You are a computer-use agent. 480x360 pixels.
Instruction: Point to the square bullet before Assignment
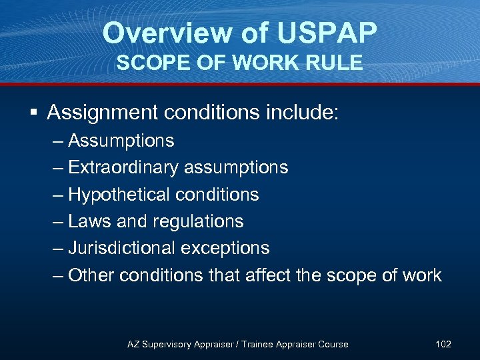pos(33,113)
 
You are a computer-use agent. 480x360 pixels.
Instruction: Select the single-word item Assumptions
pos(121,141)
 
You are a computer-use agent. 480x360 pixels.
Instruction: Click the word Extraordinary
pos(123,167)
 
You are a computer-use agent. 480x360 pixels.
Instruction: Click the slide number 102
pos(443,344)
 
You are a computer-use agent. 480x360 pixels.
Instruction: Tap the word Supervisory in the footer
pos(167,344)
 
